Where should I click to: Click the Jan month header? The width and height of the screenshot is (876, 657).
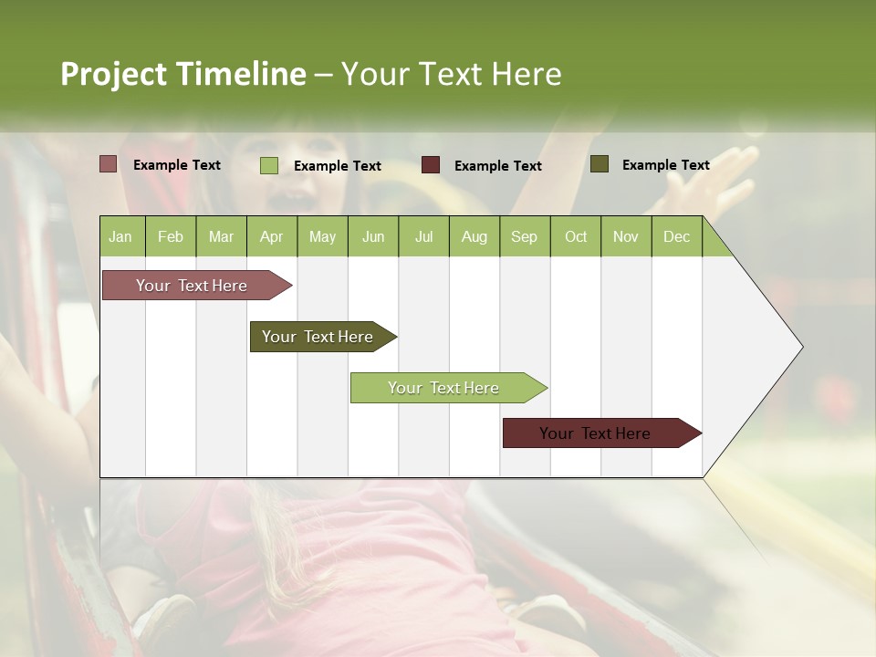(x=121, y=237)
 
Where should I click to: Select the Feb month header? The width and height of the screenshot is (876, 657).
(x=171, y=237)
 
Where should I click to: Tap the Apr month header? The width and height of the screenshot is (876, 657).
(x=272, y=237)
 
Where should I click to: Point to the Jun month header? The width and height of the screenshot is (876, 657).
(x=373, y=237)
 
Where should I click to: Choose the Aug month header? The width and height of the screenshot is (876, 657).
(x=474, y=237)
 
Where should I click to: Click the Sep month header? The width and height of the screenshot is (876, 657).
(x=525, y=237)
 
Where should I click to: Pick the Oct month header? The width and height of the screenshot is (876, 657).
(x=576, y=237)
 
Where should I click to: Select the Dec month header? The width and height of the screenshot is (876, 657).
(x=677, y=237)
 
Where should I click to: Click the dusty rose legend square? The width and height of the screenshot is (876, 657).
(x=109, y=164)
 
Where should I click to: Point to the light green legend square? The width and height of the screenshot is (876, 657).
(x=269, y=165)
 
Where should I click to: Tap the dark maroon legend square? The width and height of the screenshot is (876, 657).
(x=431, y=165)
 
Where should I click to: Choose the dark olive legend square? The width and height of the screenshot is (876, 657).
(x=600, y=164)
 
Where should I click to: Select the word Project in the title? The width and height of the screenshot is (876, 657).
(x=114, y=74)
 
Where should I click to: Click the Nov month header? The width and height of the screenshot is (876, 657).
(x=626, y=237)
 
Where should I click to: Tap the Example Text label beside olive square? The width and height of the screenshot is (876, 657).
(x=665, y=165)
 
